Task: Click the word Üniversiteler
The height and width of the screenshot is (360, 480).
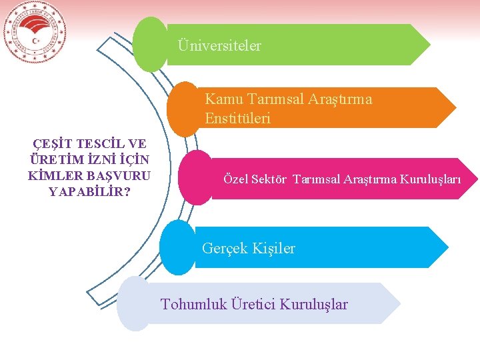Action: pyautogui.click(x=219, y=46)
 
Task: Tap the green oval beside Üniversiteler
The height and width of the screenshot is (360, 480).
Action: pyautogui.click(x=151, y=45)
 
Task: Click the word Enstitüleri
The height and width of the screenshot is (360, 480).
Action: pyautogui.click(x=237, y=119)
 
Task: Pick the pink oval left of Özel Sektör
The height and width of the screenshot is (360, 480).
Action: pyautogui.click(x=196, y=177)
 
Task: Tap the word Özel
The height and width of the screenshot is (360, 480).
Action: pyautogui.click(x=235, y=179)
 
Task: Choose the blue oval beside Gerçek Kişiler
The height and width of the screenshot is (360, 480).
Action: pyautogui.click(x=178, y=247)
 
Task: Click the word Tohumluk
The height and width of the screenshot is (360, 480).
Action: pyautogui.click(x=194, y=305)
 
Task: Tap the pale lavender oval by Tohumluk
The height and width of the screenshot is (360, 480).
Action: pyautogui.click(x=134, y=304)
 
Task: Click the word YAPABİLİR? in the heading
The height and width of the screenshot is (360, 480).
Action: pyautogui.click(x=89, y=192)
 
